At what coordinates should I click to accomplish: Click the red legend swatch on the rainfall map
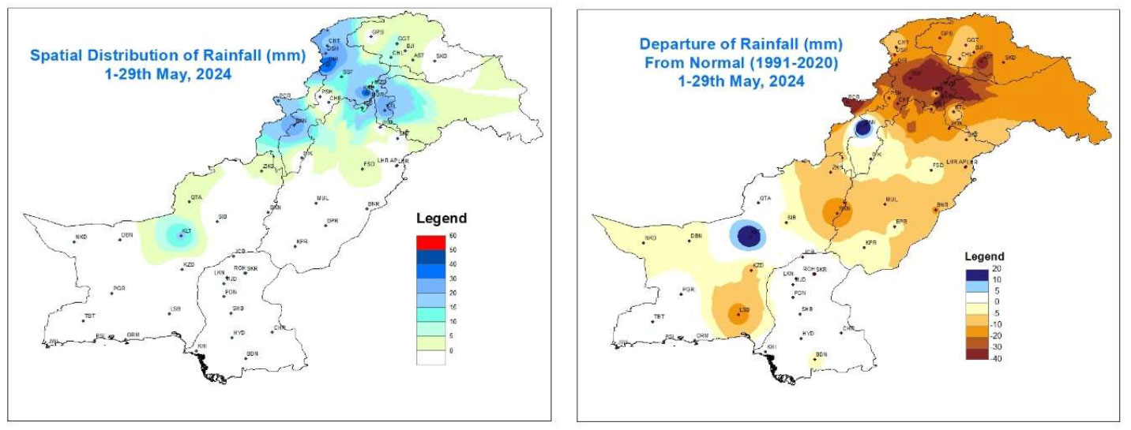click(430, 242)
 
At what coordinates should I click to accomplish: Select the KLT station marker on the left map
click(181, 235)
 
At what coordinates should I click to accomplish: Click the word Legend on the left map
click(442, 219)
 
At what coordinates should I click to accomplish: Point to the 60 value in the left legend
click(453, 236)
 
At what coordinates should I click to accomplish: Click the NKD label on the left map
click(81, 237)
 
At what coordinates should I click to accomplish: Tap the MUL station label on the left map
click(322, 198)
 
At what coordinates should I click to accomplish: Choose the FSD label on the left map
click(368, 163)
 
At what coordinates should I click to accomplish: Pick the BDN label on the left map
click(253, 353)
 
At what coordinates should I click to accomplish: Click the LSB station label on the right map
click(744, 308)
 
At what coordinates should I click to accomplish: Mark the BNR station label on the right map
click(942, 204)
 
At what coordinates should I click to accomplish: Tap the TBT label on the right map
click(657, 316)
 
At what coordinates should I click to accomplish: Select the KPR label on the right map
click(872, 242)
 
